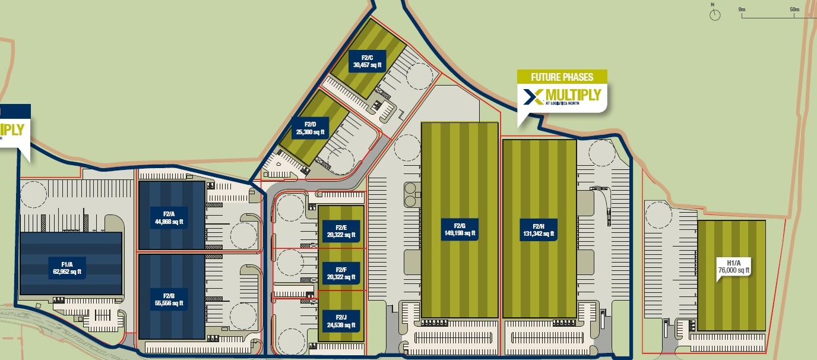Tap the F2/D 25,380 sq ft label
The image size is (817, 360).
coord(311,128)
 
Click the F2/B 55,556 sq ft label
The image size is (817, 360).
coord(168,299)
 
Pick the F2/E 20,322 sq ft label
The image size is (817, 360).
coord(341,231)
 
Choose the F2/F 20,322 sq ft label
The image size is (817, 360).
coord(341,274)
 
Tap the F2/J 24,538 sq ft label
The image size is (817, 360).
coord(341,321)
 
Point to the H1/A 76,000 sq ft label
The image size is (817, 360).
coord(733,266)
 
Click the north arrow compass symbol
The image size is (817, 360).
coord(715,14)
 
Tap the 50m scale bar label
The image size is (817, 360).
coord(794,10)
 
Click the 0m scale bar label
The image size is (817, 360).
coord(742,10)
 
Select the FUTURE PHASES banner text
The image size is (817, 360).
coord(562,77)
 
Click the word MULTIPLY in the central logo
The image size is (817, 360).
coord(572,95)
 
